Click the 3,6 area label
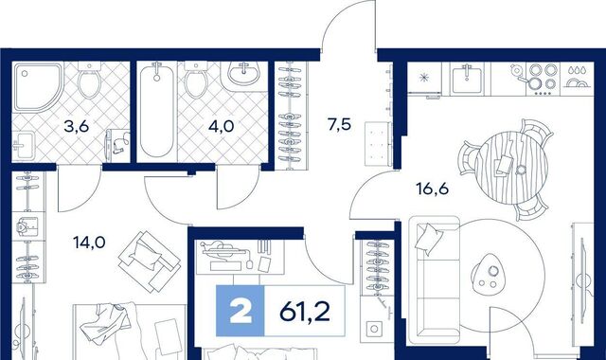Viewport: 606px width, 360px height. pyautogui.click(x=77, y=126)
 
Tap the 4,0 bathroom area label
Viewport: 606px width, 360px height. pyautogui.click(x=221, y=126)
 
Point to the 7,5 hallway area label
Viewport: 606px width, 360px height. pyautogui.click(x=339, y=125)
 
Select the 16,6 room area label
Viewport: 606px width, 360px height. pyautogui.click(x=432, y=189)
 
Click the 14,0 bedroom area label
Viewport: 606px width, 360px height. pyautogui.click(x=89, y=243)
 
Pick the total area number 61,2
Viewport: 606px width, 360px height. pyautogui.click(x=305, y=312)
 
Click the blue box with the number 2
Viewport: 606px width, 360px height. pyautogui.click(x=240, y=311)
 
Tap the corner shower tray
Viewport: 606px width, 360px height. pyautogui.click(x=38, y=88)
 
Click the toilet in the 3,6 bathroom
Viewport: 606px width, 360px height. pyautogui.click(x=90, y=81)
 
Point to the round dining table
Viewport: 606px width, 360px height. pyautogui.click(x=511, y=167)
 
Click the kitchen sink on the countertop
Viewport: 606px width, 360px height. pyautogui.click(x=467, y=78)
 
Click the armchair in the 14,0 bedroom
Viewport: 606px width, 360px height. pyautogui.click(x=150, y=261)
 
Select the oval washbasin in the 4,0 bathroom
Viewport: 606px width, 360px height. pyautogui.click(x=244, y=74)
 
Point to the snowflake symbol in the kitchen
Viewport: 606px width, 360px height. pyautogui.click(x=425, y=78)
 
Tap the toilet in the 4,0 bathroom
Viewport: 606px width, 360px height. pyautogui.click(x=196, y=80)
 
